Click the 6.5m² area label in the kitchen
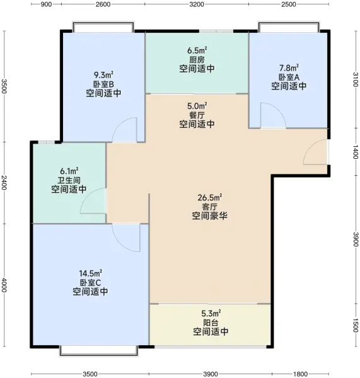(197, 50)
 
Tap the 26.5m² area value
(210, 197)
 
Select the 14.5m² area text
(91, 273)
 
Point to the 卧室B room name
(103, 84)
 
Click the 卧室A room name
(289, 77)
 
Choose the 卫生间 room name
(69, 180)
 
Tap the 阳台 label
(211, 323)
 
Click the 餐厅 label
(197, 115)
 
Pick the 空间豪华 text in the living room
(210, 215)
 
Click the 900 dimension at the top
(46, 4)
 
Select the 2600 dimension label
(103, 4)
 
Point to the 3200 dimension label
(197, 4)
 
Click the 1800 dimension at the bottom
(300, 374)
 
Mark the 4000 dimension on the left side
(4, 285)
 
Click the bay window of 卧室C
(99, 350)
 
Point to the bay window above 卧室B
(103, 26)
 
